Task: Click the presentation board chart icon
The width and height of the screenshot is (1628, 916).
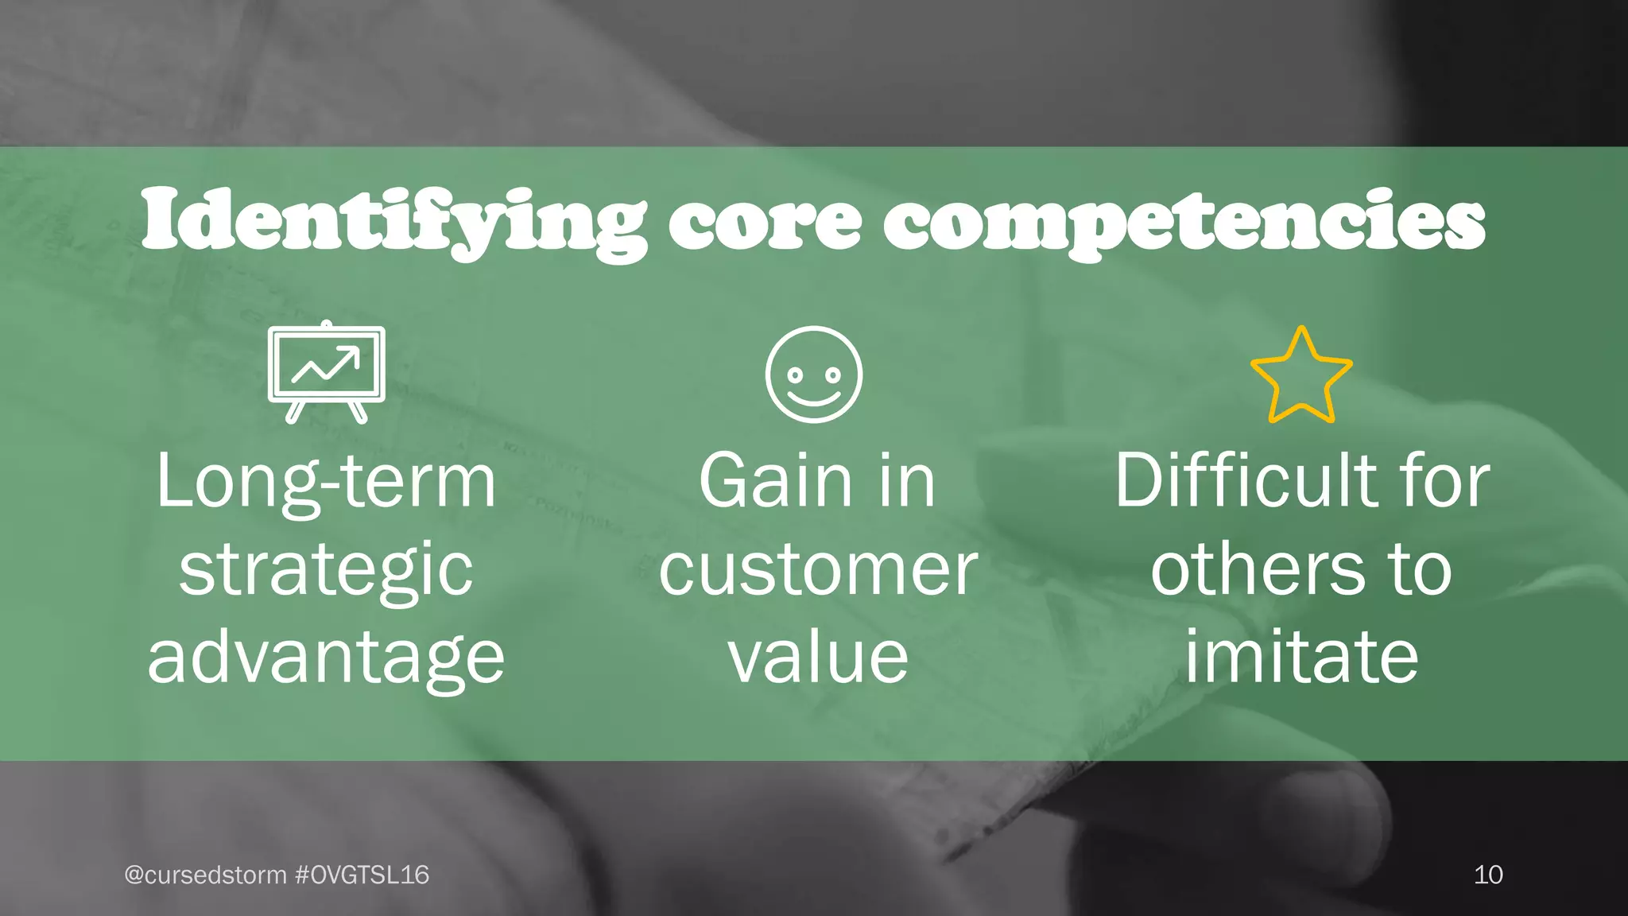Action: [x=327, y=371]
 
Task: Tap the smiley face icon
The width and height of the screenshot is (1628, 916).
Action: [x=813, y=374]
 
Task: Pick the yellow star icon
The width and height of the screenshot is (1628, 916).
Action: [x=1301, y=376]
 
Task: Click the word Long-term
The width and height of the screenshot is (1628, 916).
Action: [x=327, y=482]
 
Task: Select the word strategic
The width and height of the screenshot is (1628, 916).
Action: [x=327, y=569]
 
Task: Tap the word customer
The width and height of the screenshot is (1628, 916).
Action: [x=818, y=569]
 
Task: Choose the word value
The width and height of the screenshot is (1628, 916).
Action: [x=818, y=657]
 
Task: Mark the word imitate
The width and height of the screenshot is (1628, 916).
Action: [x=1301, y=657]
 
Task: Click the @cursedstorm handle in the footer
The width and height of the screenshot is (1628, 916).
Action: [x=205, y=875]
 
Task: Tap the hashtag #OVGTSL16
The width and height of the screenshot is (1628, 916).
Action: [x=362, y=875]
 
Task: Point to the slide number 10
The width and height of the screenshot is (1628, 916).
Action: [x=1488, y=875]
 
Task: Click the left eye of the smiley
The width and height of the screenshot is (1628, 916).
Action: [x=794, y=373]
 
